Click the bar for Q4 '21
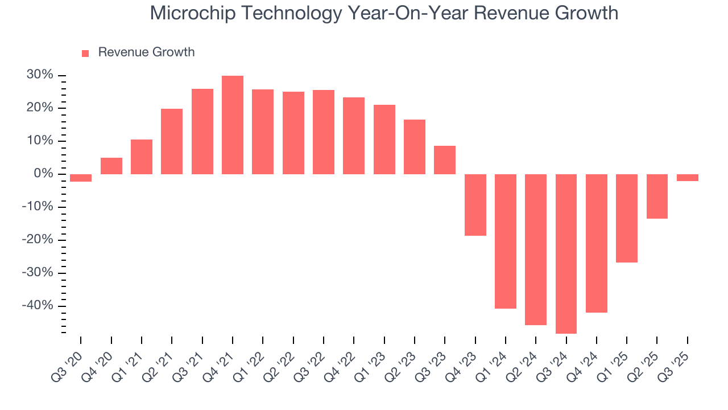coord(233,125)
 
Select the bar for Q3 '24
coord(566,253)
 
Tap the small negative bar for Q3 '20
coord(81,178)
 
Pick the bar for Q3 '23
coord(445,160)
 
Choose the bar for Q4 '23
coord(475,204)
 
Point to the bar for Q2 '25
coord(657,196)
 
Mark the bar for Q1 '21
coord(142,157)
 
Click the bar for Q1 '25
coord(627,218)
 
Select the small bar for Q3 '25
coord(688,178)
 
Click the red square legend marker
coord(85,53)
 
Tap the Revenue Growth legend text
coord(146,52)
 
